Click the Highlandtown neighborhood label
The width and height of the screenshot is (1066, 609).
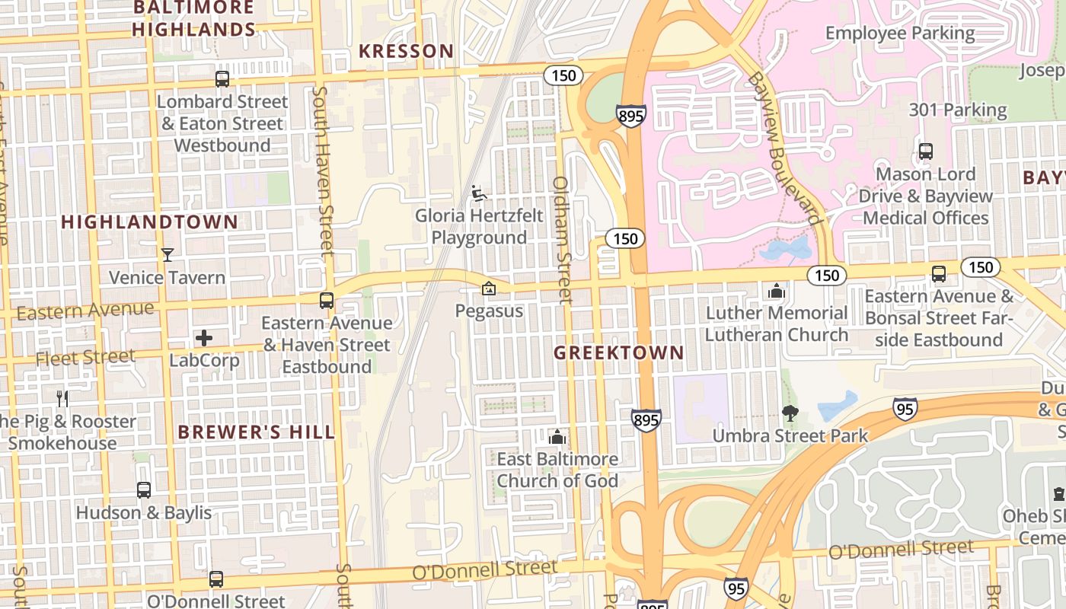[x=149, y=222]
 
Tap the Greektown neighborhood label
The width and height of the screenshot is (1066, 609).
[x=619, y=353]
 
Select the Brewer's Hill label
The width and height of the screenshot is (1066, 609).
[x=256, y=432]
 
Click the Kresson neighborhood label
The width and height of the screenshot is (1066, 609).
[x=406, y=52]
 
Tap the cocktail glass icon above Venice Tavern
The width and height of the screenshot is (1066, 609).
[x=168, y=254]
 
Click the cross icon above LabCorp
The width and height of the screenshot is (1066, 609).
[x=204, y=337]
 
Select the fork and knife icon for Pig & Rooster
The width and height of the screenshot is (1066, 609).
[x=62, y=398]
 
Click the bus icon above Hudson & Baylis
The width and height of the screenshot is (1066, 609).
[x=144, y=489]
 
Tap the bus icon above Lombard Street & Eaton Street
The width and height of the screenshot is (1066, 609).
[x=222, y=78]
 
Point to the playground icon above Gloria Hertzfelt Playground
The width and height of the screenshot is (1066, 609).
[x=479, y=193]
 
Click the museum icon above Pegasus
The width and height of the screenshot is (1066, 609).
[x=489, y=289]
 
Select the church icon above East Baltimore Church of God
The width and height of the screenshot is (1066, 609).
[x=557, y=437]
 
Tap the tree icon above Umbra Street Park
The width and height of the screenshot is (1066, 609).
[x=790, y=413]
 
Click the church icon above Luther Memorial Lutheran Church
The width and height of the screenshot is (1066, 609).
[x=776, y=291]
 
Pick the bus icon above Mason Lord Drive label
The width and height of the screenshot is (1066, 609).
[x=925, y=151]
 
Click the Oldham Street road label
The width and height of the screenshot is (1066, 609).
[x=562, y=240]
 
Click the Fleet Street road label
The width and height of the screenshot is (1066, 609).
[x=85, y=357]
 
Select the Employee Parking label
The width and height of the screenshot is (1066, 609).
[x=900, y=33]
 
